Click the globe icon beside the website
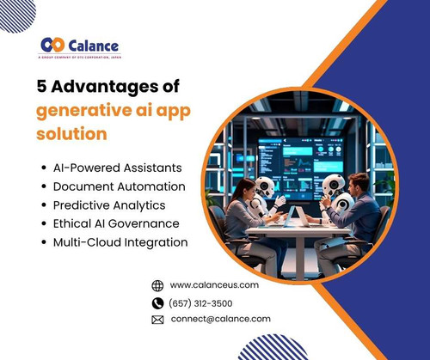pyautogui.click(x=157, y=285)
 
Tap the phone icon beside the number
pyautogui.click(x=157, y=302)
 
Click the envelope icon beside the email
pyautogui.click(x=157, y=319)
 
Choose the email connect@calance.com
pyautogui.click(x=221, y=319)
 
